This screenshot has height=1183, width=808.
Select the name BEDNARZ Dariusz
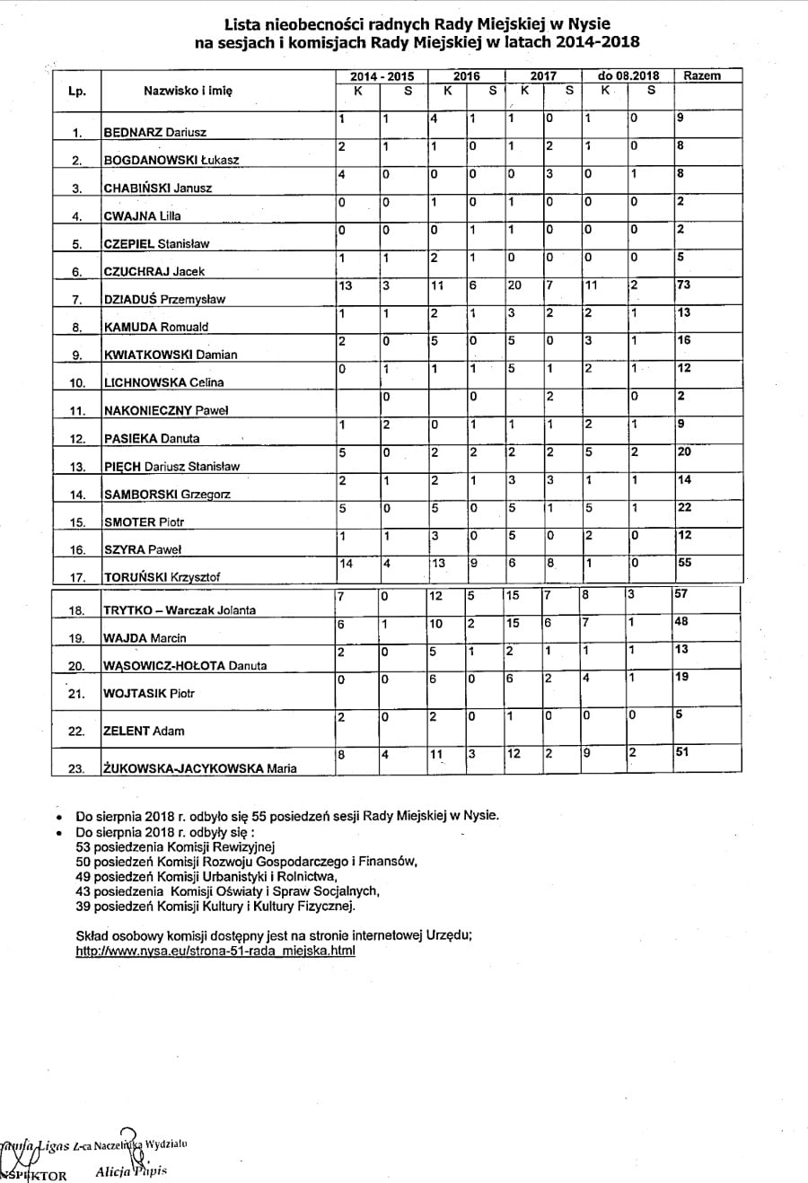click(155, 132)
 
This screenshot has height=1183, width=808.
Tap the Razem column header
click(701, 76)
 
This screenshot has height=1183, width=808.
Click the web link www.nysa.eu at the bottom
click(215, 951)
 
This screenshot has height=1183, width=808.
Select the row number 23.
click(77, 768)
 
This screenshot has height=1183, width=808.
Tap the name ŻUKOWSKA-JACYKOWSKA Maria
click(200, 768)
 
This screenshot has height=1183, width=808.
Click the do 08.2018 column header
click(628, 76)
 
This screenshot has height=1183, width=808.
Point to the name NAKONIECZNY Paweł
click(166, 410)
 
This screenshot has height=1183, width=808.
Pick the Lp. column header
click(77, 91)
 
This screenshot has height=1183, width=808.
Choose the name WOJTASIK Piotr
click(149, 693)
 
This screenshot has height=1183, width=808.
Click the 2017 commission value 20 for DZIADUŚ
click(515, 285)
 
